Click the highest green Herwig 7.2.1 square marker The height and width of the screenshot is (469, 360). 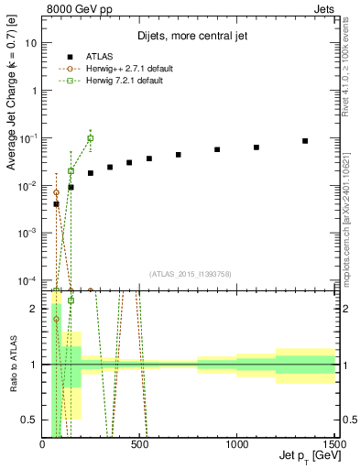pyautogui.click(x=90, y=138)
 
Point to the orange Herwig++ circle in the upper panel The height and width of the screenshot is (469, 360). pyautogui.click(x=57, y=193)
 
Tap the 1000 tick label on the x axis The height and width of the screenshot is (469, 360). pyautogui.click(x=237, y=443)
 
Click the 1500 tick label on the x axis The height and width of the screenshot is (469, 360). pyautogui.click(x=334, y=443)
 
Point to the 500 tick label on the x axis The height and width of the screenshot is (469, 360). pyautogui.click(x=140, y=443)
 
